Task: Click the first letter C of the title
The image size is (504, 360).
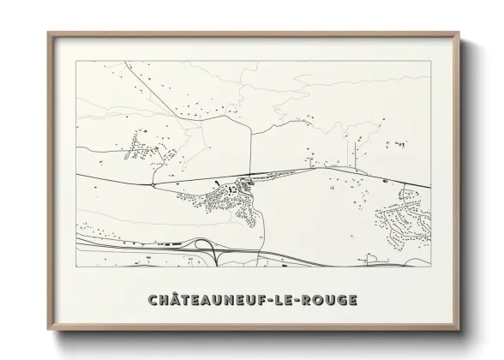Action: pyautogui.click(x=152, y=300)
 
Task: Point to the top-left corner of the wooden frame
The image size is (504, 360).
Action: pyautogui.click(x=49, y=33)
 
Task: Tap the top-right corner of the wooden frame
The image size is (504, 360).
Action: pyautogui.click(x=459, y=33)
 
